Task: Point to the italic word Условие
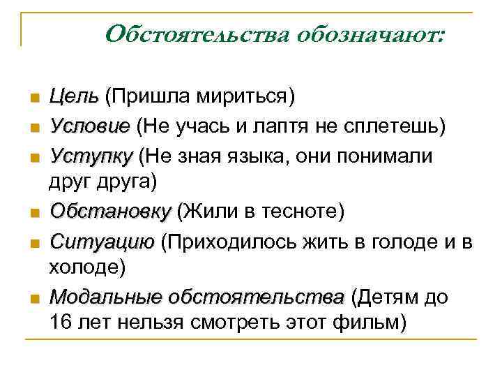[x=89, y=126]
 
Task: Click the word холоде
[x=86, y=267]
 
